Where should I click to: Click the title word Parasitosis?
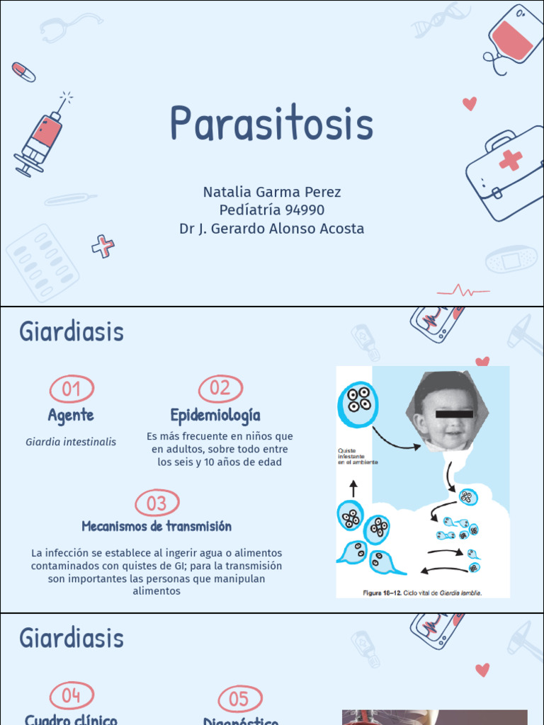click(x=271, y=124)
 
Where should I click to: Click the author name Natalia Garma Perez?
click(x=271, y=192)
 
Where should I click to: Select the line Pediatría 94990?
click(x=271, y=210)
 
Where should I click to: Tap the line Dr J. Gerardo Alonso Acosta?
click(x=271, y=229)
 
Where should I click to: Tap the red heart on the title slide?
click(x=469, y=103)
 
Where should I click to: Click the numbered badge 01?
click(x=72, y=389)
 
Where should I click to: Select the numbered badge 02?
click(x=220, y=388)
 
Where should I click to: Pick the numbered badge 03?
click(x=157, y=503)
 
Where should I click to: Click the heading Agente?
click(x=71, y=416)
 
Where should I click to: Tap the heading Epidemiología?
click(x=215, y=415)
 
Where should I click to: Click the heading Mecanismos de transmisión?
click(x=157, y=527)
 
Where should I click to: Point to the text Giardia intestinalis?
click(x=71, y=442)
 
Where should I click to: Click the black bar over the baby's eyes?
click(x=454, y=413)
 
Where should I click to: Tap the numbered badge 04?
click(x=72, y=696)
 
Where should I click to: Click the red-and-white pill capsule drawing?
click(x=23, y=72)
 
